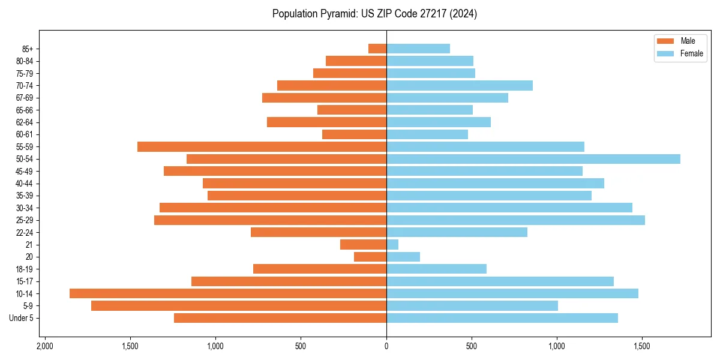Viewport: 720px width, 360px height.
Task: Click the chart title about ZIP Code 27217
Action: [374, 14]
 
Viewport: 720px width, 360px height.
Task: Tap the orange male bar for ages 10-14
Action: [228, 293]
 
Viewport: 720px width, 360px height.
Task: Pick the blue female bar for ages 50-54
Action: [533, 159]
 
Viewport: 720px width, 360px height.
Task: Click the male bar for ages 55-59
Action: [262, 146]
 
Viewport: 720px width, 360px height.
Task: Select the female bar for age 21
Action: [392, 245]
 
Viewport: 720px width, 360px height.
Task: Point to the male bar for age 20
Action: [370, 257]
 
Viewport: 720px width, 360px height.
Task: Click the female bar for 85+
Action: [418, 49]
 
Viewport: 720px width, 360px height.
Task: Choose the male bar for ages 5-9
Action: [239, 306]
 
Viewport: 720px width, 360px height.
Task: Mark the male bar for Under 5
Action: [280, 318]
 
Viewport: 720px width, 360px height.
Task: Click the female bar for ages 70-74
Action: [460, 85]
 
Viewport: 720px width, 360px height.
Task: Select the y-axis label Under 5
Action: [21, 318]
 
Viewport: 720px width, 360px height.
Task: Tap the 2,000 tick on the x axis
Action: [44, 347]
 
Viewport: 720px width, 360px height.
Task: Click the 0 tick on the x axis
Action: [386, 347]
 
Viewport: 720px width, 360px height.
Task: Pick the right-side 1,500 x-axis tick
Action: [642, 347]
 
